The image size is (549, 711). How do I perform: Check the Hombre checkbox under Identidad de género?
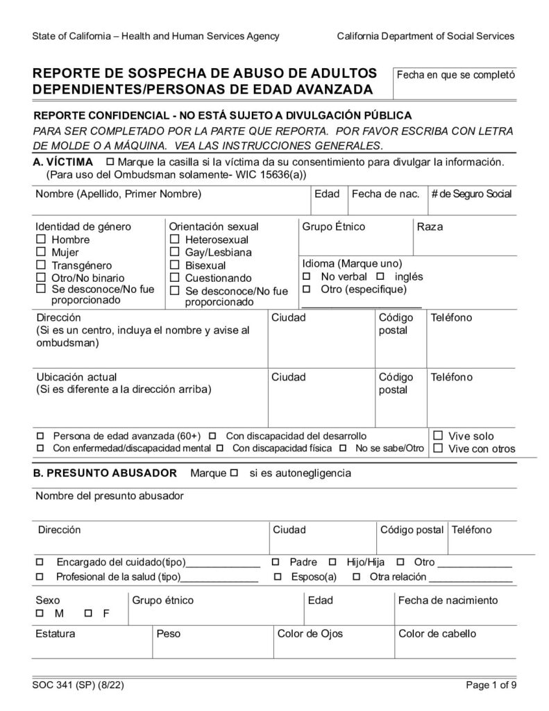click(40, 240)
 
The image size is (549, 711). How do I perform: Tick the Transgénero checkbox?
click(40, 265)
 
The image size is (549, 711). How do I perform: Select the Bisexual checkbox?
click(174, 265)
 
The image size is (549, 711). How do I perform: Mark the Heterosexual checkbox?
click(174, 240)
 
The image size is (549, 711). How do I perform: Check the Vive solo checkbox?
click(438, 436)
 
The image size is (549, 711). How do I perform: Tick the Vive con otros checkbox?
click(438, 449)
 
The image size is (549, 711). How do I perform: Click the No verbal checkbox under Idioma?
click(306, 276)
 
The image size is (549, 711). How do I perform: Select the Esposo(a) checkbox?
click(277, 577)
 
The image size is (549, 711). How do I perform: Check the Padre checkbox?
click(276, 561)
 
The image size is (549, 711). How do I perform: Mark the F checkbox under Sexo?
click(88, 614)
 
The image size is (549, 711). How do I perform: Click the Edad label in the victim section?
click(327, 194)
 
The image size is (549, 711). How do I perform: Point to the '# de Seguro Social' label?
click(471, 194)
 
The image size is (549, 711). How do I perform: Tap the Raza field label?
click(430, 227)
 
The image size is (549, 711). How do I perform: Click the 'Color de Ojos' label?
click(310, 634)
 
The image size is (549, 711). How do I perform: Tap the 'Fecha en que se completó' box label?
click(455, 74)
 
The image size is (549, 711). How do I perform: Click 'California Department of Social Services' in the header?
click(425, 36)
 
